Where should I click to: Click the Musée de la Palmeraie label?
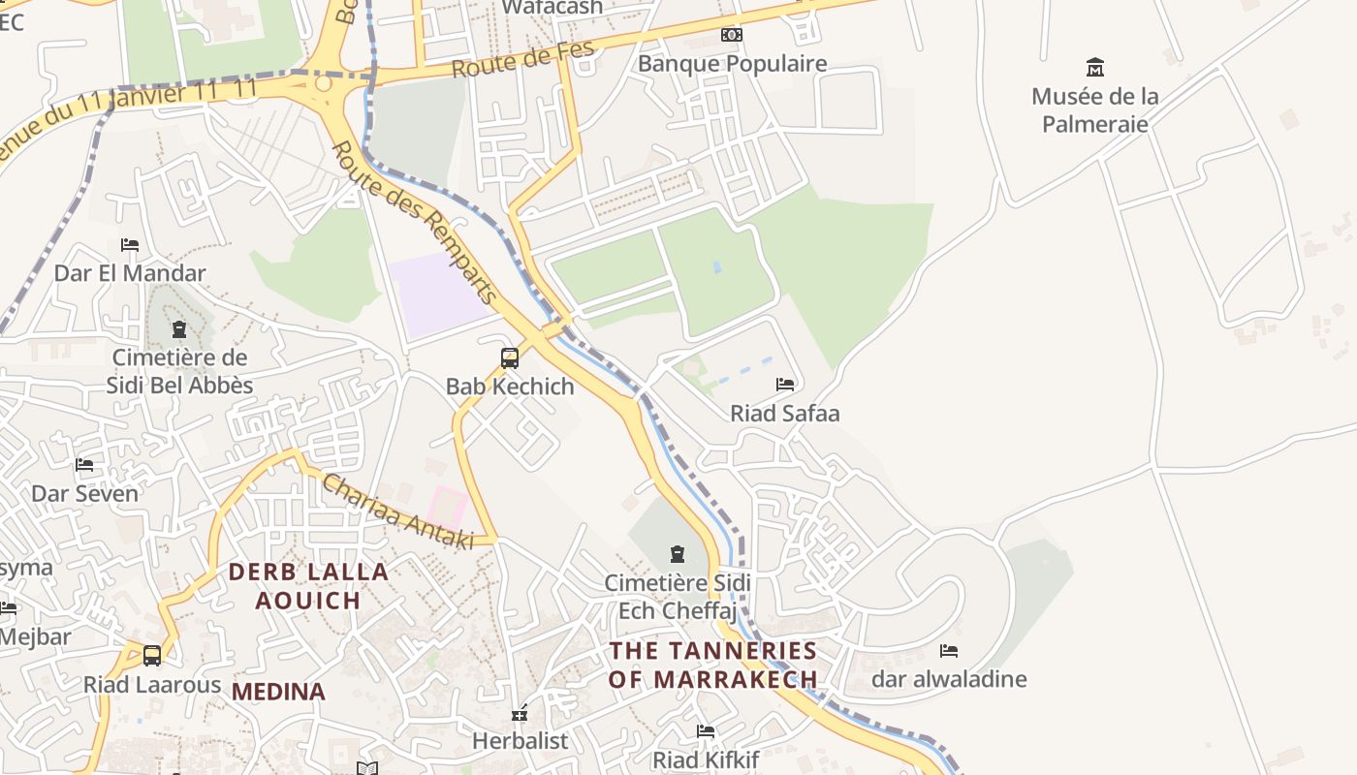(x=1094, y=109)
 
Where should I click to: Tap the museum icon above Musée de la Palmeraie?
(x=1094, y=67)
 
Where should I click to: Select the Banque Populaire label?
(x=732, y=64)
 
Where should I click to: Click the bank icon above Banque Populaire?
(x=732, y=35)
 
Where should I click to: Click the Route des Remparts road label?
(x=414, y=222)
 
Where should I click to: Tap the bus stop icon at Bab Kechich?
(x=510, y=357)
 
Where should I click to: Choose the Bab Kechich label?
(x=510, y=387)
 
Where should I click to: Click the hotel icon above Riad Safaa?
(x=785, y=385)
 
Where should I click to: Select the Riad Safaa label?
(x=784, y=414)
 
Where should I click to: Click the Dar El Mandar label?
(x=130, y=273)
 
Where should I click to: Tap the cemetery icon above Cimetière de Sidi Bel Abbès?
(x=179, y=329)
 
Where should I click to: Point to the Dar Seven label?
(x=85, y=493)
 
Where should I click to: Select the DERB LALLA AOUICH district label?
(x=308, y=586)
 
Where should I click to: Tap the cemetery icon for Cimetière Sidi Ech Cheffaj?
(x=678, y=554)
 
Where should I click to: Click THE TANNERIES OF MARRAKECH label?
(x=712, y=665)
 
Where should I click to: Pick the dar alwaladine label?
(x=949, y=679)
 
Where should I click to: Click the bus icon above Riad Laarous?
(x=152, y=656)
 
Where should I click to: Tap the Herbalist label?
(x=520, y=741)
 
